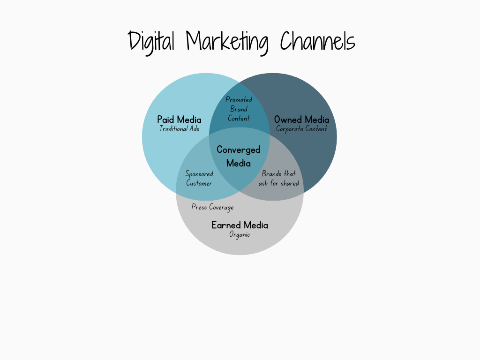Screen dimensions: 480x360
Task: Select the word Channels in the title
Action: point(318,41)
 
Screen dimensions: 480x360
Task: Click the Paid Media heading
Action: point(179,120)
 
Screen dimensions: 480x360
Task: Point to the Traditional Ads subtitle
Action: point(180,128)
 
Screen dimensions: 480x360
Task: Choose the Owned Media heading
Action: point(301,120)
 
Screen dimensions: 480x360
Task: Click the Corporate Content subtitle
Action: point(301,129)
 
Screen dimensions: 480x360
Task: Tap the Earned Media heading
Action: point(240,225)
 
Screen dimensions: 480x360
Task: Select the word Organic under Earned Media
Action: point(240,235)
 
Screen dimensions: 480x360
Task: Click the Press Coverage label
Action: point(212,207)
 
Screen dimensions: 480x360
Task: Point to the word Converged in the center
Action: point(239,150)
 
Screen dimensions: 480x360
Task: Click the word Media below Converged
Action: point(239,163)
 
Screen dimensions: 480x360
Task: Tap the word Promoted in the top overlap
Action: point(239,99)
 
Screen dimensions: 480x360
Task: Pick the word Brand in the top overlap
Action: point(239,109)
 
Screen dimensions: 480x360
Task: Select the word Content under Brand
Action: point(239,118)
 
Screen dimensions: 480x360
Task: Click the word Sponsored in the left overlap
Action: point(199,174)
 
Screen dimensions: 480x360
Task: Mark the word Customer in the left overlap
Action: point(199,183)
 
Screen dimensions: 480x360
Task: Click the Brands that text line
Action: point(278,174)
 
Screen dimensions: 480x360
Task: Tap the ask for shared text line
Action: point(278,183)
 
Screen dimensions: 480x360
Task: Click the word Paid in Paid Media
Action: point(165,120)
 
